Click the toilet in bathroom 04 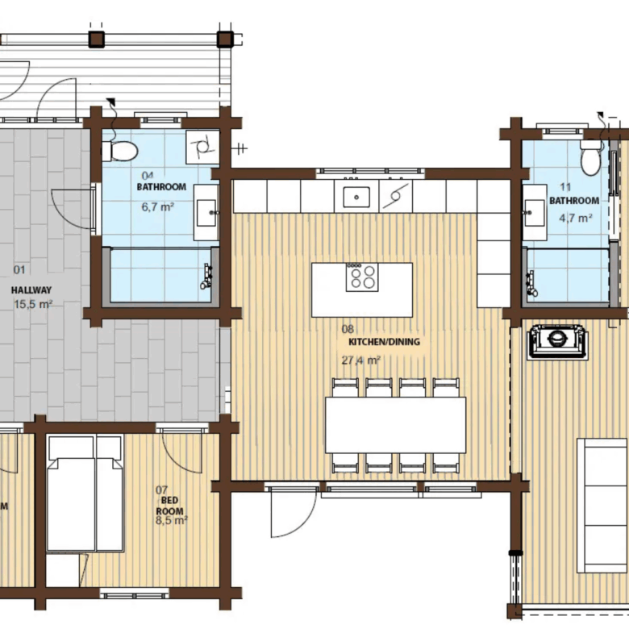click(x=119, y=151)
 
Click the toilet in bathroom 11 click(x=590, y=157)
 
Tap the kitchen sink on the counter click(x=356, y=197)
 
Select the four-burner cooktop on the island click(x=362, y=277)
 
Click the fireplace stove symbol click(x=557, y=341)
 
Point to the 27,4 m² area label click(x=360, y=360)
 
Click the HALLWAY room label click(x=31, y=290)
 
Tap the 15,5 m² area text click(x=33, y=304)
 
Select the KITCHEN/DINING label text click(x=385, y=342)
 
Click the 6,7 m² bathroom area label click(x=157, y=207)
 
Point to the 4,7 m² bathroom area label click(x=576, y=218)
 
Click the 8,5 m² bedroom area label click(x=172, y=521)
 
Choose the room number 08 click(x=348, y=329)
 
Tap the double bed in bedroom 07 click(x=85, y=494)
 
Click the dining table click(x=395, y=425)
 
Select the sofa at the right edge click(x=602, y=506)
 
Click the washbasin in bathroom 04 click(x=206, y=213)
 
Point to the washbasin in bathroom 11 click(x=535, y=212)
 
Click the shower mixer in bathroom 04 click(x=206, y=277)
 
